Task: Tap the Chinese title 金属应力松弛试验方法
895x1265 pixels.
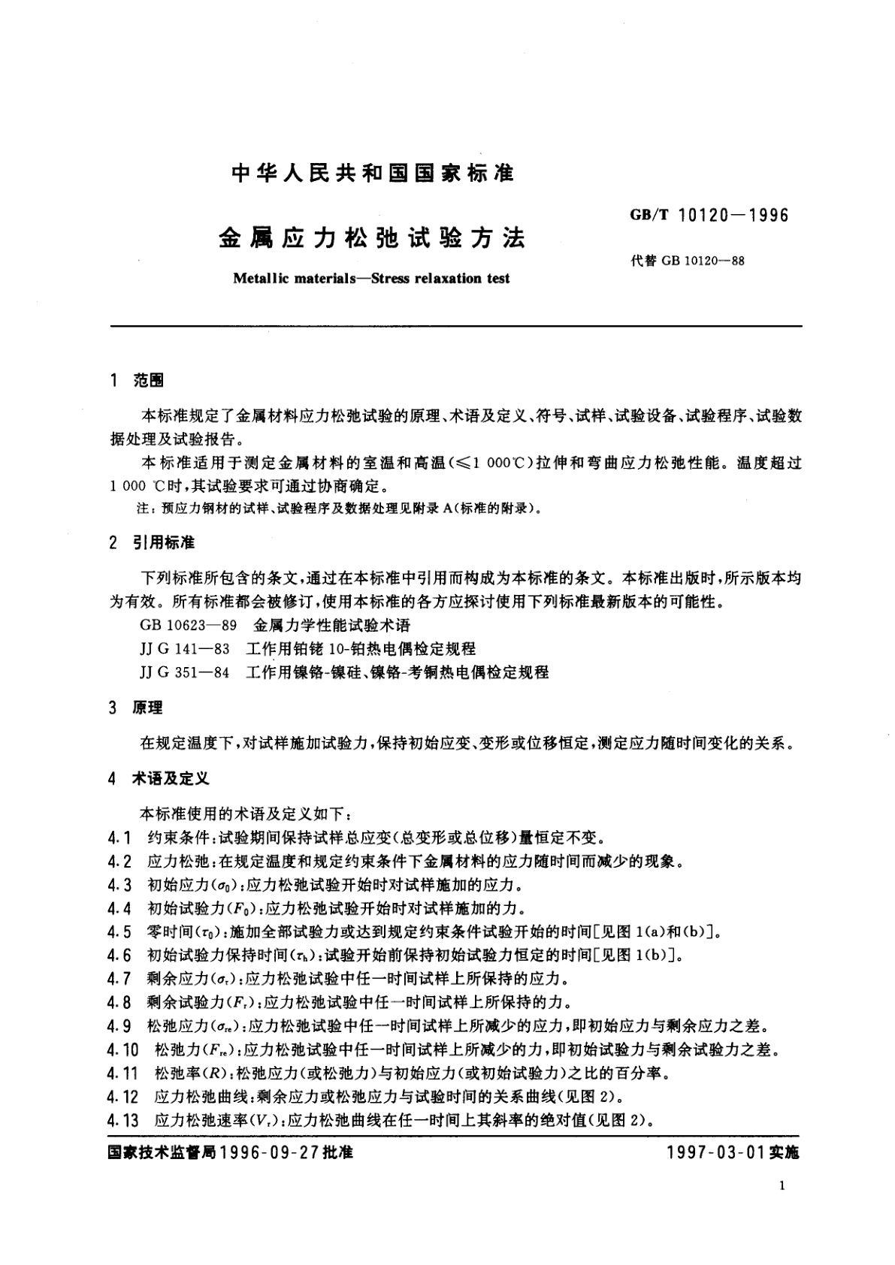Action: (x=372, y=240)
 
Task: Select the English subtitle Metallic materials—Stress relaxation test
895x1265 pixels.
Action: (x=371, y=279)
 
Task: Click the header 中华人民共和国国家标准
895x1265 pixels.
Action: (x=373, y=174)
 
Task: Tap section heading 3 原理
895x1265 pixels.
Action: (x=136, y=708)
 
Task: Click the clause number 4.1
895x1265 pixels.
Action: (x=119, y=838)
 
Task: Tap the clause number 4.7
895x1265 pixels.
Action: (x=119, y=980)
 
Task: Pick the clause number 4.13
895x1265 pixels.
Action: (x=123, y=1122)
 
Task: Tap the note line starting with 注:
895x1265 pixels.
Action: (x=338, y=509)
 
